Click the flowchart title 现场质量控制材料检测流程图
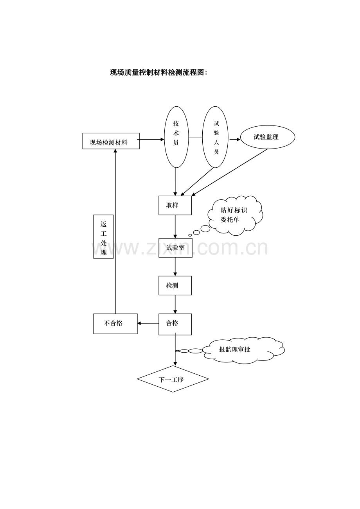point(158,72)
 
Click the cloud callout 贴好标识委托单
point(235,215)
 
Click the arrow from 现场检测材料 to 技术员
point(151,140)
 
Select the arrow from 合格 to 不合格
point(148,323)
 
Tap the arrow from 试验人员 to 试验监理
point(235,140)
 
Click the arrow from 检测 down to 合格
point(175,305)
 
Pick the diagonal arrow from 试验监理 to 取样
point(230,172)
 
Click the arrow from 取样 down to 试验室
point(175,227)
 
